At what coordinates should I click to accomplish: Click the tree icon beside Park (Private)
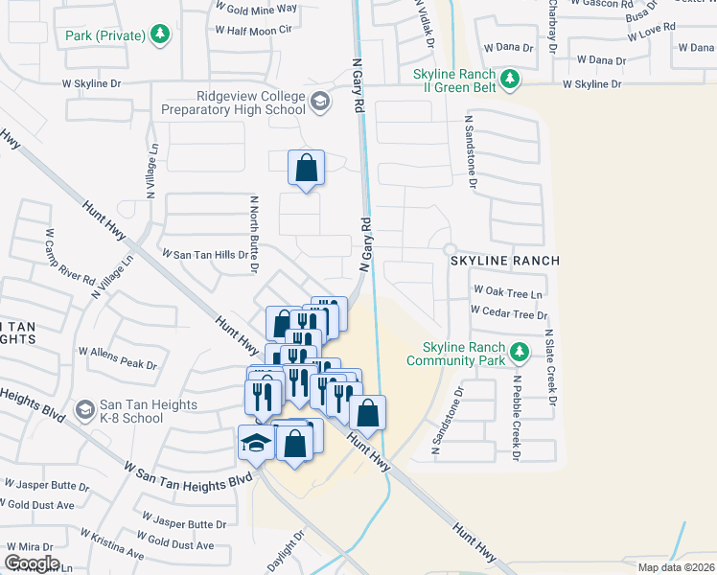(161, 36)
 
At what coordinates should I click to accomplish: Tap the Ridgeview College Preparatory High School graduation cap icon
(319, 101)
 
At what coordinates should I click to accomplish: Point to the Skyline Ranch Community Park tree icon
(520, 352)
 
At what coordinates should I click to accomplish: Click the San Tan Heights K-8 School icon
(85, 410)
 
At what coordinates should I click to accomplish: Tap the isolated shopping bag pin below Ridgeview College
(306, 168)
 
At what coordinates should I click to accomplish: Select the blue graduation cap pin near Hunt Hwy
(256, 443)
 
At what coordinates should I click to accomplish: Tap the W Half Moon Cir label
(253, 31)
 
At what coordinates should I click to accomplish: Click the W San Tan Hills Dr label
(204, 255)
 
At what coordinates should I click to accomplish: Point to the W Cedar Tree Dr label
(508, 313)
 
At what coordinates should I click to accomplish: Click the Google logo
(32, 563)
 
